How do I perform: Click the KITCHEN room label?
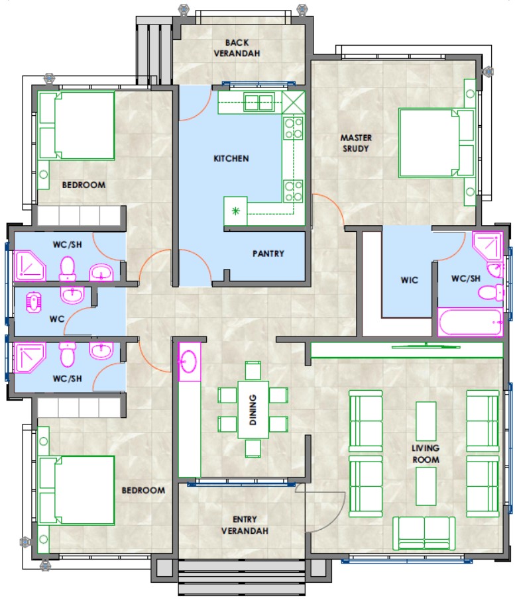tap(231, 158)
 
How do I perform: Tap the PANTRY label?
tap(268, 254)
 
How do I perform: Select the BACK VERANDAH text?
tap(237, 48)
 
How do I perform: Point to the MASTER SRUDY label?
tap(356, 143)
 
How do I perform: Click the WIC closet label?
tap(410, 279)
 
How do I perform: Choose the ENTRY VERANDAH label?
tap(245, 525)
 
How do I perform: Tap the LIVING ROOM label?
tap(426, 454)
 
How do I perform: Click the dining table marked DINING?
tap(253, 409)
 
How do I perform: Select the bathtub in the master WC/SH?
tap(470, 323)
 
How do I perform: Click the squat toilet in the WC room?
tap(33, 303)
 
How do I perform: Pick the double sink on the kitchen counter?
tap(259, 103)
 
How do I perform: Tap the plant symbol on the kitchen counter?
tap(235, 211)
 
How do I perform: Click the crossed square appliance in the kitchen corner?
tap(294, 103)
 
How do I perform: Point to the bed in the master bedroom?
tap(436, 143)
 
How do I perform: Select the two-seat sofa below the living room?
tap(424, 533)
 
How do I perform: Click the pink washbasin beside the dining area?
tap(188, 361)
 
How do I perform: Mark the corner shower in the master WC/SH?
tap(487, 245)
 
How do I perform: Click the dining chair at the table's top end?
tap(253, 370)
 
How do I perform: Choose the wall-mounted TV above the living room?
tap(426, 346)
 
